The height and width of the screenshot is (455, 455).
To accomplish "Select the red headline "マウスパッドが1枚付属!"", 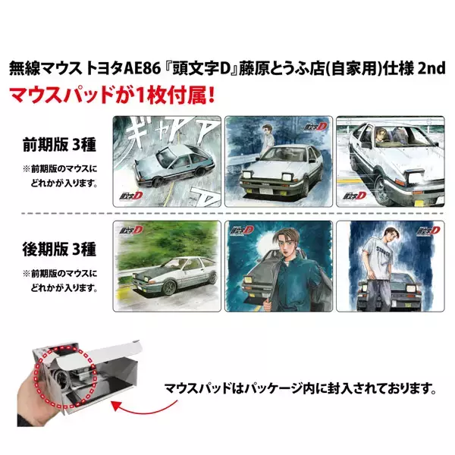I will (x=105, y=97).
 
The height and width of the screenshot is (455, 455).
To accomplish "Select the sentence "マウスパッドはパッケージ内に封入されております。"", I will (x=301, y=389).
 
